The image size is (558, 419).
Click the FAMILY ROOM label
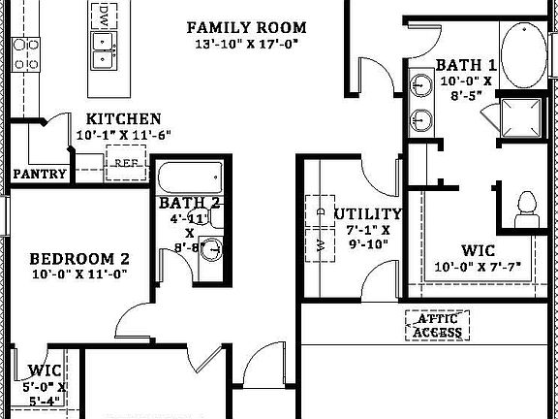pyautogui.click(x=246, y=27)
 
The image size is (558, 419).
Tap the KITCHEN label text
pyautogui.click(x=124, y=119)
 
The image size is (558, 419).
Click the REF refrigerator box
pyautogui.click(x=125, y=163)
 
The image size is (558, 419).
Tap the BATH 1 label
pyautogui.click(x=466, y=65)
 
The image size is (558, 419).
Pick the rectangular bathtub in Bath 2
pyautogui.click(x=191, y=177)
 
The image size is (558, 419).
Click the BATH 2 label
pyautogui.click(x=190, y=203)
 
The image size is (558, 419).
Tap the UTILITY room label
pyautogui.click(x=367, y=213)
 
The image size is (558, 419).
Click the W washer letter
pyautogui.click(x=321, y=243)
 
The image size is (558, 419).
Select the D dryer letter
pyautogui.click(x=321, y=209)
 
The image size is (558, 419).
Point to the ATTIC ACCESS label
pyautogui.click(x=437, y=325)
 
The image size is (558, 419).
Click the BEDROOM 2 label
pyautogui.click(x=79, y=259)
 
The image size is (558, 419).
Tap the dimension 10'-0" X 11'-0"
pyautogui.click(x=79, y=274)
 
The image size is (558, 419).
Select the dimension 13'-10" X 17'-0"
pyautogui.click(x=246, y=45)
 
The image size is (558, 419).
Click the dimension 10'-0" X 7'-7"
pyautogui.click(x=479, y=267)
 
